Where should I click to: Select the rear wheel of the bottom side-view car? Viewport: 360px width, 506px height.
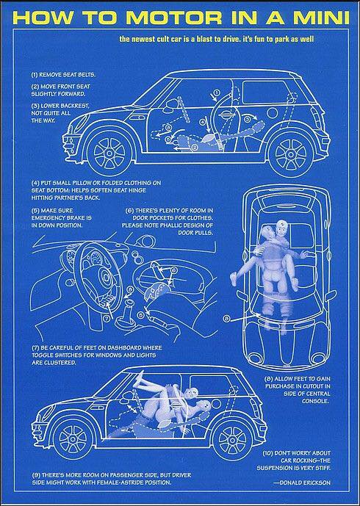231,439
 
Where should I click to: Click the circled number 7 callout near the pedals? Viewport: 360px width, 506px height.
107,318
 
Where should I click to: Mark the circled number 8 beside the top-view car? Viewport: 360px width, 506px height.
226,319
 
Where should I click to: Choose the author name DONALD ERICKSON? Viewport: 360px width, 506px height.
305,482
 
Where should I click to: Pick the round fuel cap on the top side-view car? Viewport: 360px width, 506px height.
273,113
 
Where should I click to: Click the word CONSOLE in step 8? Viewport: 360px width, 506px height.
316,401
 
